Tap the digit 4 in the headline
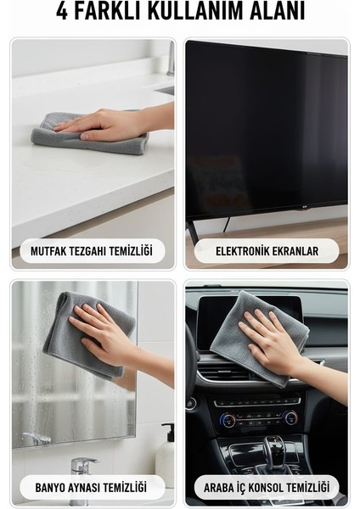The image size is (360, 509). [x=62, y=11]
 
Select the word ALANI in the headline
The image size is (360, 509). [x=274, y=11]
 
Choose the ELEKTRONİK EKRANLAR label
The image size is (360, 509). [x=267, y=251]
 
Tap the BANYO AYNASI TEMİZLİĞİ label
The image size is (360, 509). [x=90, y=488]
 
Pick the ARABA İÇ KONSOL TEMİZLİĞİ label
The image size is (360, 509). [x=267, y=488]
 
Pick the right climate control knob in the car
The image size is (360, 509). [x=290, y=417]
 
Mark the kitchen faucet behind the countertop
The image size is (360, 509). [x=170, y=64]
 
